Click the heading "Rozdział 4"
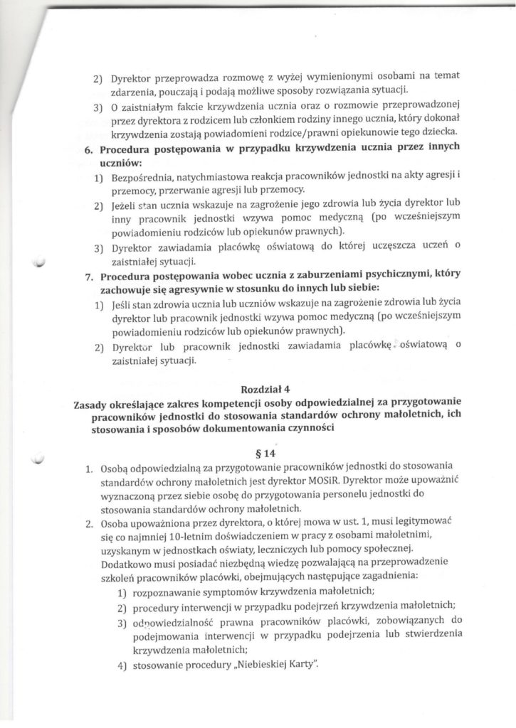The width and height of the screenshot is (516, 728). pos(265,389)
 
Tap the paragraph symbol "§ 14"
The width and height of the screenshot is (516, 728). pos(265,453)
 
